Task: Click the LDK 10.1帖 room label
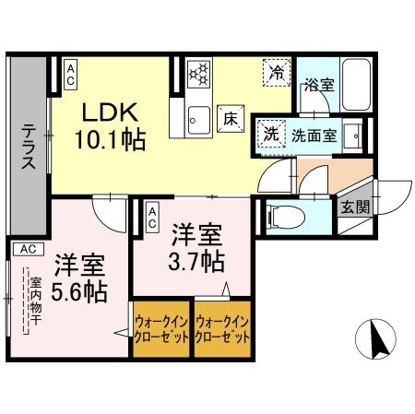pos(112,126)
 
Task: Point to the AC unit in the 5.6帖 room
pos(28,248)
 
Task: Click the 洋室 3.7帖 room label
pos(196,247)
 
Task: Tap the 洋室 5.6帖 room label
pos(77,279)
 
